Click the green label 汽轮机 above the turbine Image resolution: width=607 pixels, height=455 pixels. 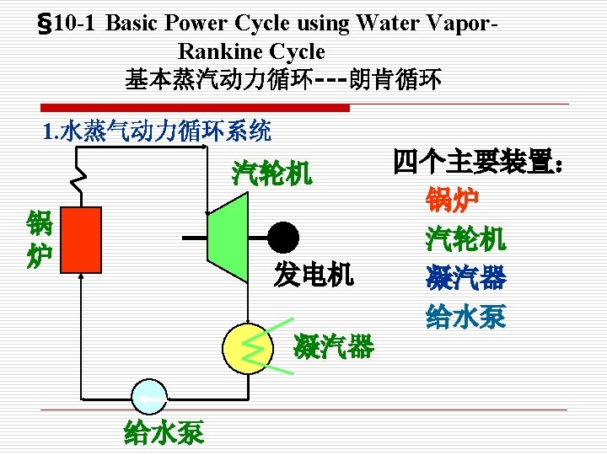[x=272, y=174]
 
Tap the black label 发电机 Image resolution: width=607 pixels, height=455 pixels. [x=314, y=275]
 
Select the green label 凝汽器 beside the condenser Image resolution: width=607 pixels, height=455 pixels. [x=334, y=345]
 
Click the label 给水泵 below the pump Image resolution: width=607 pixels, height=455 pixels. [x=164, y=433]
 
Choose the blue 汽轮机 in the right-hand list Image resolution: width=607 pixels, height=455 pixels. [x=465, y=238]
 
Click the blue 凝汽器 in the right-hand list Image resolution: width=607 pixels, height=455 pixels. [x=465, y=277]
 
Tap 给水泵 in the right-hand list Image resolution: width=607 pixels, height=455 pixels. [x=465, y=316]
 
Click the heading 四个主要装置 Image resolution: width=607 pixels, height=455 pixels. [x=477, y=161]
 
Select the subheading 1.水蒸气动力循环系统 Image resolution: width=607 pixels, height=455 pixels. [x=157, y=131]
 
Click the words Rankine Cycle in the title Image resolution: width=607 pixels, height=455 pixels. [x=251, y=51]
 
